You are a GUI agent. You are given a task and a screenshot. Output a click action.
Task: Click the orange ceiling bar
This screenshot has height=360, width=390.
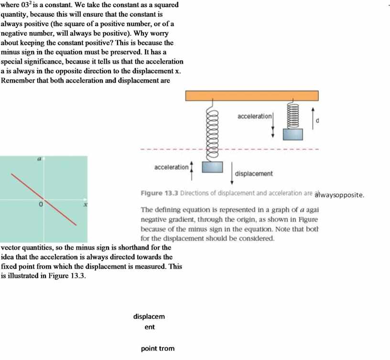tap(252, 95)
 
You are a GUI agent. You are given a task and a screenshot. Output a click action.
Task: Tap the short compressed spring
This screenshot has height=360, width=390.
tap(293, 115)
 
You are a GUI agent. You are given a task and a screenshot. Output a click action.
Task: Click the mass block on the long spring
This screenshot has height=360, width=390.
tap(213, 167)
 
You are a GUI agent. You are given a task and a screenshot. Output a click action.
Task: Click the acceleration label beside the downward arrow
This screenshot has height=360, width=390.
tap(254, 117)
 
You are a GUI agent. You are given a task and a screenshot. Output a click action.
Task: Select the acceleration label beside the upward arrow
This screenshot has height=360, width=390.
tap(171, 167)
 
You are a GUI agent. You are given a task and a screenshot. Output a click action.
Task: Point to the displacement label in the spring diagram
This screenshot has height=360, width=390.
tap(254, 174)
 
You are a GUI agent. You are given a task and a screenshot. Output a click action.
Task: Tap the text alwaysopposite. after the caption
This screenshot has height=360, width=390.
tap(340, 195)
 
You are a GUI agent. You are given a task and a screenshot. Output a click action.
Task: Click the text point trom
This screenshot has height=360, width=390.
tap(158, 349)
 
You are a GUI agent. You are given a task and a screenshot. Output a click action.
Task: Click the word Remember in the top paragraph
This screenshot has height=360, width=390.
tap(18, 80)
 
